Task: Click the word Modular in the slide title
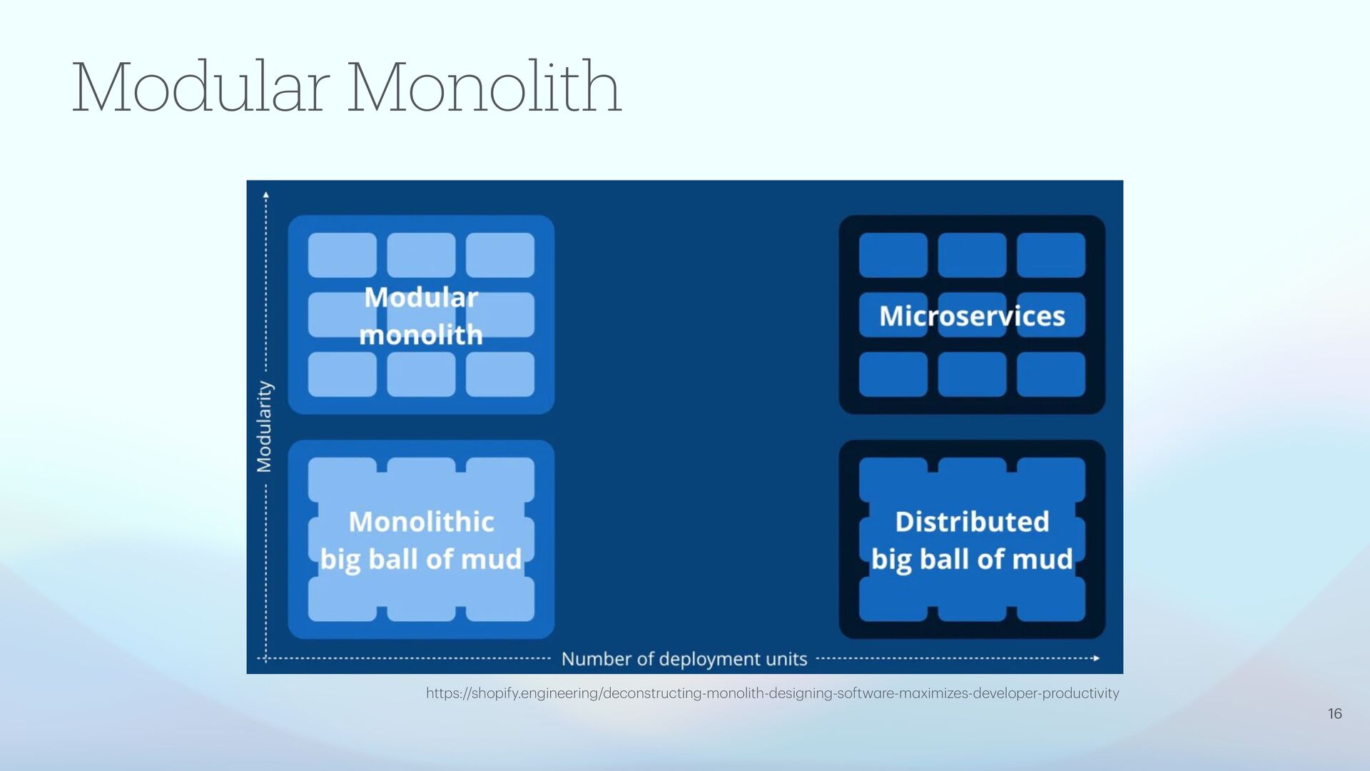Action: click(x=201, y=89)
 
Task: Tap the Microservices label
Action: click(x=972, y=316)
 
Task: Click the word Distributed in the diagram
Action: click(x=972, y=522)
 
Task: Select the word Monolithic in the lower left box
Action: click(x=421, y=522)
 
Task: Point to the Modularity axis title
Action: click(x=265, y=426)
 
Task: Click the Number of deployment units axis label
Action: click(x=684, y=659)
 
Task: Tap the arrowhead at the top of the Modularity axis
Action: click(x=266, y=193)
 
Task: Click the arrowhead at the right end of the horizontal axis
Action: click(x=1097, y=658)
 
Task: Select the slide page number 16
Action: click(x=1334, y=714)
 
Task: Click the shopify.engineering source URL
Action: click(x=772, y=693)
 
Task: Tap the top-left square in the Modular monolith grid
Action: click(x=342, y=255)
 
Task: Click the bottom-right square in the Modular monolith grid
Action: click(x=500, y=374)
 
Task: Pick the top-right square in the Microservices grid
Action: click(x=1050, y=255)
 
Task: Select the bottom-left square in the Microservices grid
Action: click(x=893, y=374)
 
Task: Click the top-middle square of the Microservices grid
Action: click(x=972, y=255)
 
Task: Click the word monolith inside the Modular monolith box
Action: click(x=421, y=335)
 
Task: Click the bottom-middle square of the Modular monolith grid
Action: click(x=421, y=374)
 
